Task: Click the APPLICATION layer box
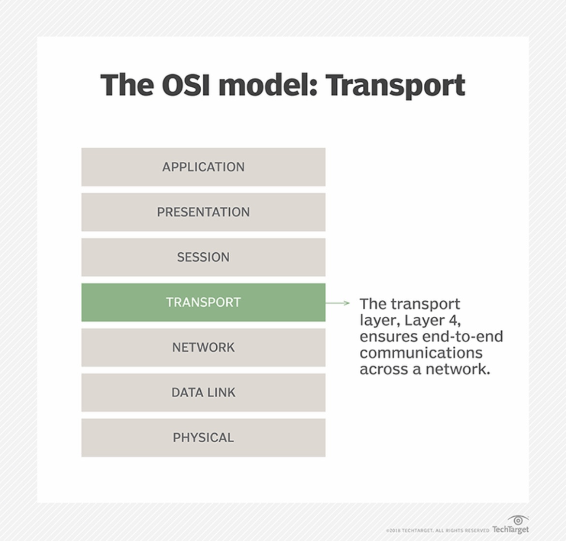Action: point(203,167)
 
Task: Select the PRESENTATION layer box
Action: point(203,212)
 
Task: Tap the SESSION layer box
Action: point(203,257)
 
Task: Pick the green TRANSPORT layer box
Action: point(203,302)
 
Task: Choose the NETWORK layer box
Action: point(203,347)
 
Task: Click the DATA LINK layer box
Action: point(203,392)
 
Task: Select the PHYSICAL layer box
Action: point(203,437)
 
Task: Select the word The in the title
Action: point(127,85)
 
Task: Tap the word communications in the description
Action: point(421,353)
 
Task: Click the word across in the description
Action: point(383,369)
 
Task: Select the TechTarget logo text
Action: point(510,530)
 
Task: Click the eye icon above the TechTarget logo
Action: point(518,520)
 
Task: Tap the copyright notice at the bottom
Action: point(437,531)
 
